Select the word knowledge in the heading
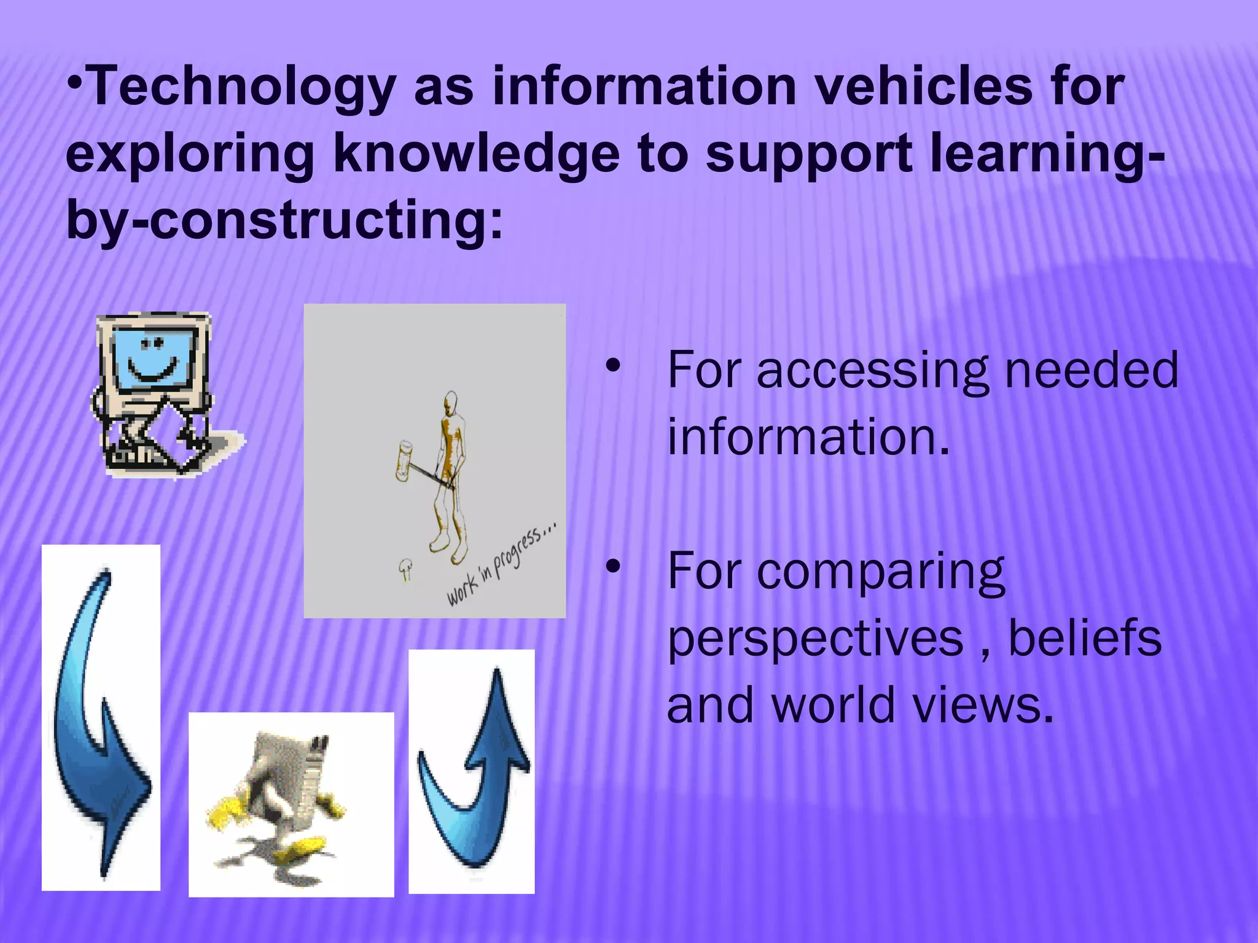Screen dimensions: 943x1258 (476, 153)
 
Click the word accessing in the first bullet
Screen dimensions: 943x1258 (872, 371)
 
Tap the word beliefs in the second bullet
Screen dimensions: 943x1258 (1085, 638)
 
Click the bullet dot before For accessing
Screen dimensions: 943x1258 (612, 367)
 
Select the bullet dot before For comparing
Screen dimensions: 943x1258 (612, 568)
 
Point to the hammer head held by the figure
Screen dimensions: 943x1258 (404, 460)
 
